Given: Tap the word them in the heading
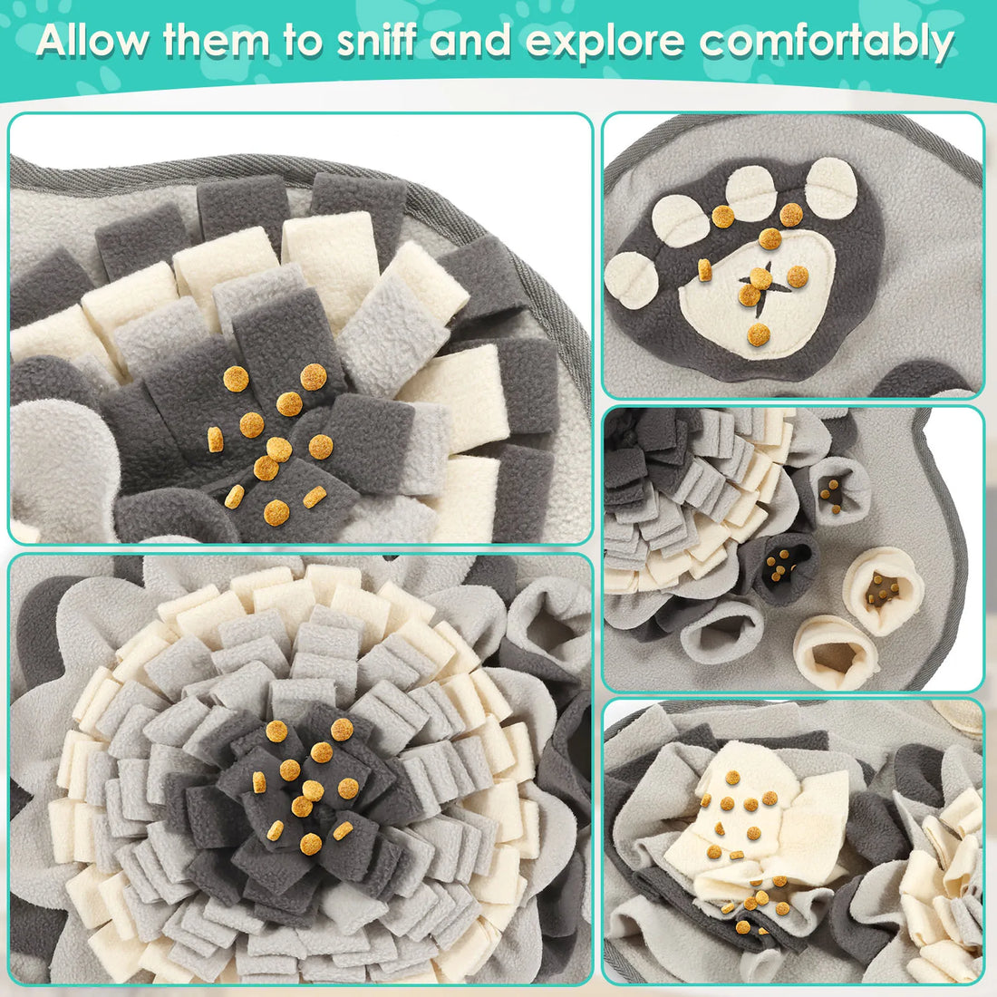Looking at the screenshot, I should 218,42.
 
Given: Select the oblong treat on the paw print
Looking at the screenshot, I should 703,269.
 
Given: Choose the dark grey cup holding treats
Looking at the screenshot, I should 778,567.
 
